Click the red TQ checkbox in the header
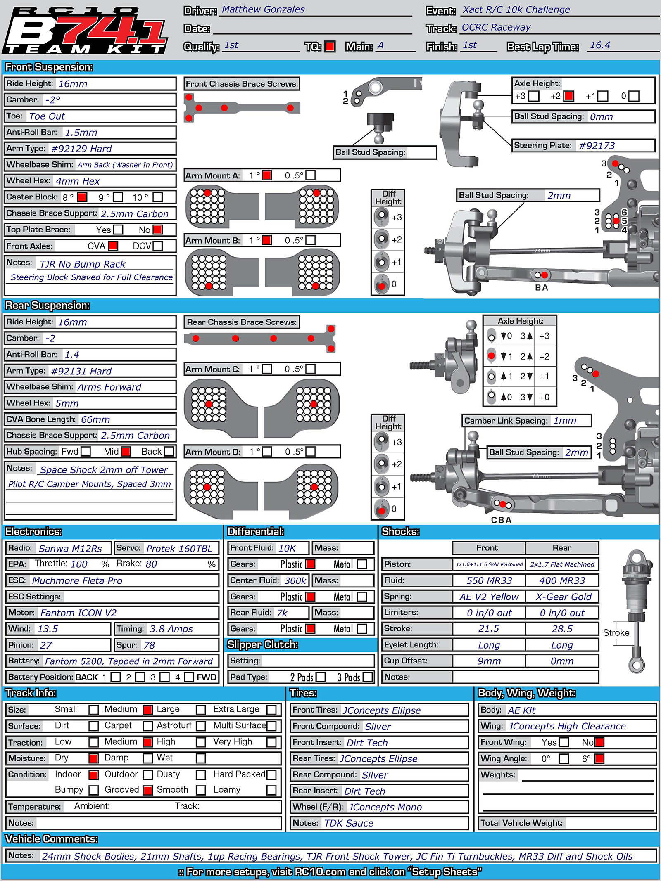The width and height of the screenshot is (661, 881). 330,46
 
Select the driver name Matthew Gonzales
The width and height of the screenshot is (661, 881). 263,9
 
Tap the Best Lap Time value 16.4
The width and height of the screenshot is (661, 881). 600,45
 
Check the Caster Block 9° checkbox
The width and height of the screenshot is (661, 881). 118,197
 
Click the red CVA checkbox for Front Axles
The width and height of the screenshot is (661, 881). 113,246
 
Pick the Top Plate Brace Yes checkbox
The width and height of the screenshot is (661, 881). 118,230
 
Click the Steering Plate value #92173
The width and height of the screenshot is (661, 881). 597,145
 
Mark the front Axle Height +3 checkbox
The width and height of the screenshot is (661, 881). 534,96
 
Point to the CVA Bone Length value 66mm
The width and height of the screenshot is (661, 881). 95,419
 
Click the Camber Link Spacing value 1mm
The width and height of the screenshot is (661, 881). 565,420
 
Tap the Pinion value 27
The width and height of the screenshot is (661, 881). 46,645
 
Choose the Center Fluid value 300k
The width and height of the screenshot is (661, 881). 295,580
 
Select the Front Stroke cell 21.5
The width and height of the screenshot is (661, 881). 489,629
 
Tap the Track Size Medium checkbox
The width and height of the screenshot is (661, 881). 147,709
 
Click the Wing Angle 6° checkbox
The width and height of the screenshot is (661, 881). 599,758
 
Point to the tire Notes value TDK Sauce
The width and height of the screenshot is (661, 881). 348,823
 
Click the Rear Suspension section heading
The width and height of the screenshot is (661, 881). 47,306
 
